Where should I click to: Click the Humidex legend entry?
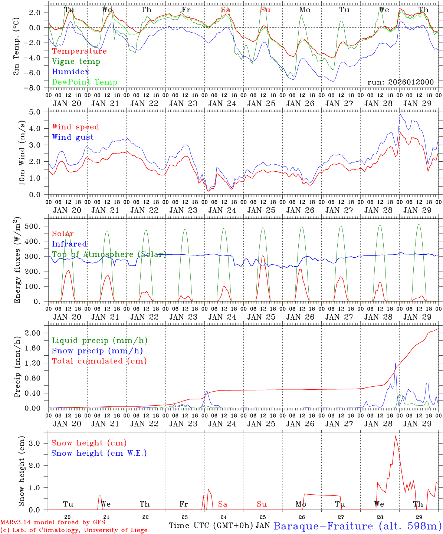[70, 72]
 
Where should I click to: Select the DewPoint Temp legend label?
[85, 82]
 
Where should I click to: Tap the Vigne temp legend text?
[76, 62]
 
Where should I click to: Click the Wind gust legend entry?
[73, 137]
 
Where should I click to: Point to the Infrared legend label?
[69, 244]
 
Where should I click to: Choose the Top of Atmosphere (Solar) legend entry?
[109, 254]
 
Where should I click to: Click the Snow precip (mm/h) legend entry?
[97, 351]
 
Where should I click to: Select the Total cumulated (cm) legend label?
[99, 361]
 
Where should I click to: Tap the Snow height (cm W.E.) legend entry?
[99, 453]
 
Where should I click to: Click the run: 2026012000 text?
[400, 82]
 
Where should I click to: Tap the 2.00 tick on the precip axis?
[37, 333]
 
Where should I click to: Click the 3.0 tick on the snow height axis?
[39, 443]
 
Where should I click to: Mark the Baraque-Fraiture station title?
[358, 526]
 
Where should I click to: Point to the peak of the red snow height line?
[396, 436]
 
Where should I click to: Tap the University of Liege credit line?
[74, 530]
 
